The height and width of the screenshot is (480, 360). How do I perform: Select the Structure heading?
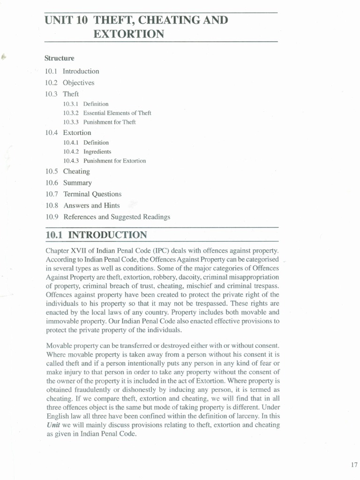pyautogui.click(x=60, y=59)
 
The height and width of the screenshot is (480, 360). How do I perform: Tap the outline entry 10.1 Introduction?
pyautogui.click(x=73, y=71)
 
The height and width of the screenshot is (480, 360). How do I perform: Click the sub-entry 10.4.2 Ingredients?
pyautogui.click(x=87, y=152)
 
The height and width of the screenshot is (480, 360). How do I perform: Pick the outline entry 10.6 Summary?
pyautogui.click(x=69, y=183)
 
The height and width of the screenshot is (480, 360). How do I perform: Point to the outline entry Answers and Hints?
pyautogui.click(x=91, y=205)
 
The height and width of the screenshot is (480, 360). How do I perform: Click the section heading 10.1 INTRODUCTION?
pyautogui.click(x=96, y=235)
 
